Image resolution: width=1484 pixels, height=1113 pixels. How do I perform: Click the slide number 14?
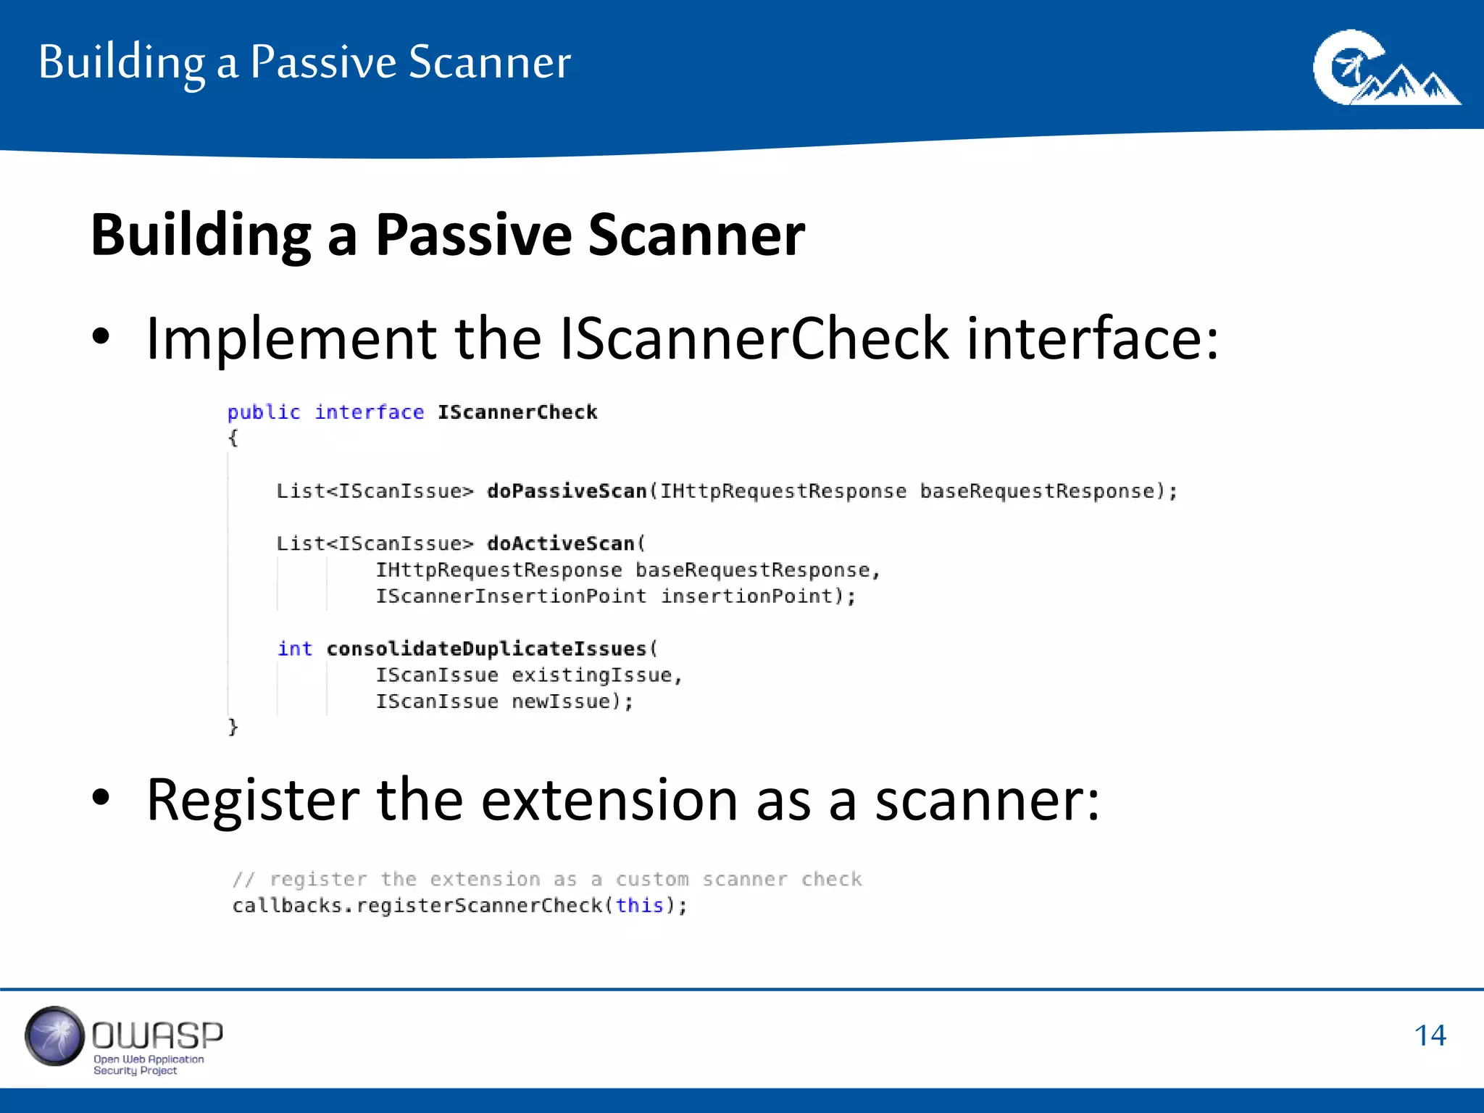click(x=1430, y=1035)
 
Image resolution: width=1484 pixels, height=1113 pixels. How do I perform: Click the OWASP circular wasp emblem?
click(x=54, y=1035)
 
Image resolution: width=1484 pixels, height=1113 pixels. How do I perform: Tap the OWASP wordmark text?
click(x=157, y=1035)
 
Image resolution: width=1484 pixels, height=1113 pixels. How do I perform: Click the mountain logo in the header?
click(x=1385, y=68)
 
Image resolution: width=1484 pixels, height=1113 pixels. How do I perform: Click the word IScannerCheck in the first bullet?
click(x=754, y=338)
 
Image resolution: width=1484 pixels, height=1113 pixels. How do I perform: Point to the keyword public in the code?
click(x=263, y=412)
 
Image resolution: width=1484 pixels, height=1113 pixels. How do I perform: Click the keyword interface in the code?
click(x=369, y=412)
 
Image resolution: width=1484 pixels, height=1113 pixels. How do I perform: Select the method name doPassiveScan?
click(x=566, y=491)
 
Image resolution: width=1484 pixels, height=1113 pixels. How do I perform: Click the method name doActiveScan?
click(x=560, y=543)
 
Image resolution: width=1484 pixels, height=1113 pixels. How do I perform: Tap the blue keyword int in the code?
click(x=294, y=649)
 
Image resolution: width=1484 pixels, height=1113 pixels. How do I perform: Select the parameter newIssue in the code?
click(x=562, y=701)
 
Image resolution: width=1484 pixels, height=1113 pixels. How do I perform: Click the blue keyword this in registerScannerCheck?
click(x=639, y=906)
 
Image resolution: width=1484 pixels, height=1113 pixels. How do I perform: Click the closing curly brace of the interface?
click(x=233, y=727)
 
